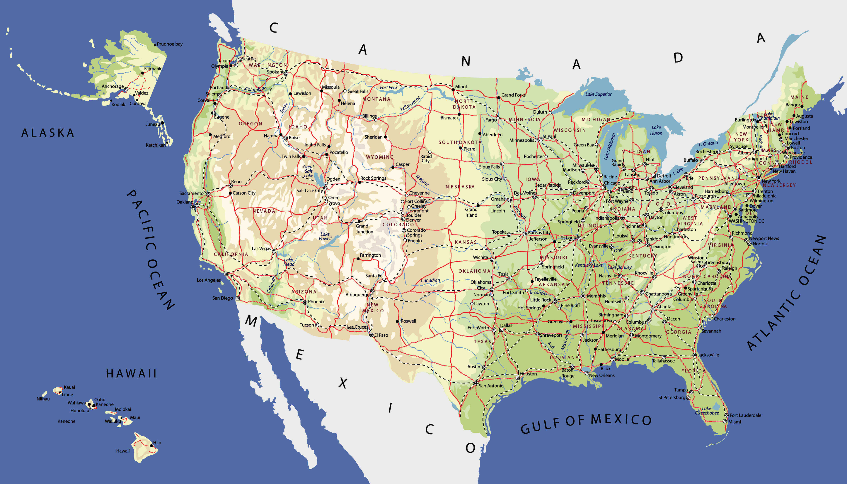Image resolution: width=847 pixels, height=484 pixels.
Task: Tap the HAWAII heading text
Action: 131,374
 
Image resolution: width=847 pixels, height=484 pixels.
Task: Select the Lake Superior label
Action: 598,94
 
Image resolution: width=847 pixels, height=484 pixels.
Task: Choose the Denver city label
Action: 413,220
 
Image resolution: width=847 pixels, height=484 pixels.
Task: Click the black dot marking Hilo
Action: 151,446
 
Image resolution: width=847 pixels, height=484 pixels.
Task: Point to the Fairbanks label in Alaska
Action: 153,69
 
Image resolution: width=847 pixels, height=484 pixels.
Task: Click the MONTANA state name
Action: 376,99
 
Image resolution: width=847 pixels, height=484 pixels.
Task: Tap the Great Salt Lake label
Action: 309,171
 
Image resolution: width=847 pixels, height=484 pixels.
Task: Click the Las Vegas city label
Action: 261,249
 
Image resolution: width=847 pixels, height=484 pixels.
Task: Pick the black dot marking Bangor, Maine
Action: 802,106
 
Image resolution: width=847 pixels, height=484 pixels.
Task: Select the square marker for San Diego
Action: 238,299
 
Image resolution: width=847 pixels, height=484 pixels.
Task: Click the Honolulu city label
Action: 80,411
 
